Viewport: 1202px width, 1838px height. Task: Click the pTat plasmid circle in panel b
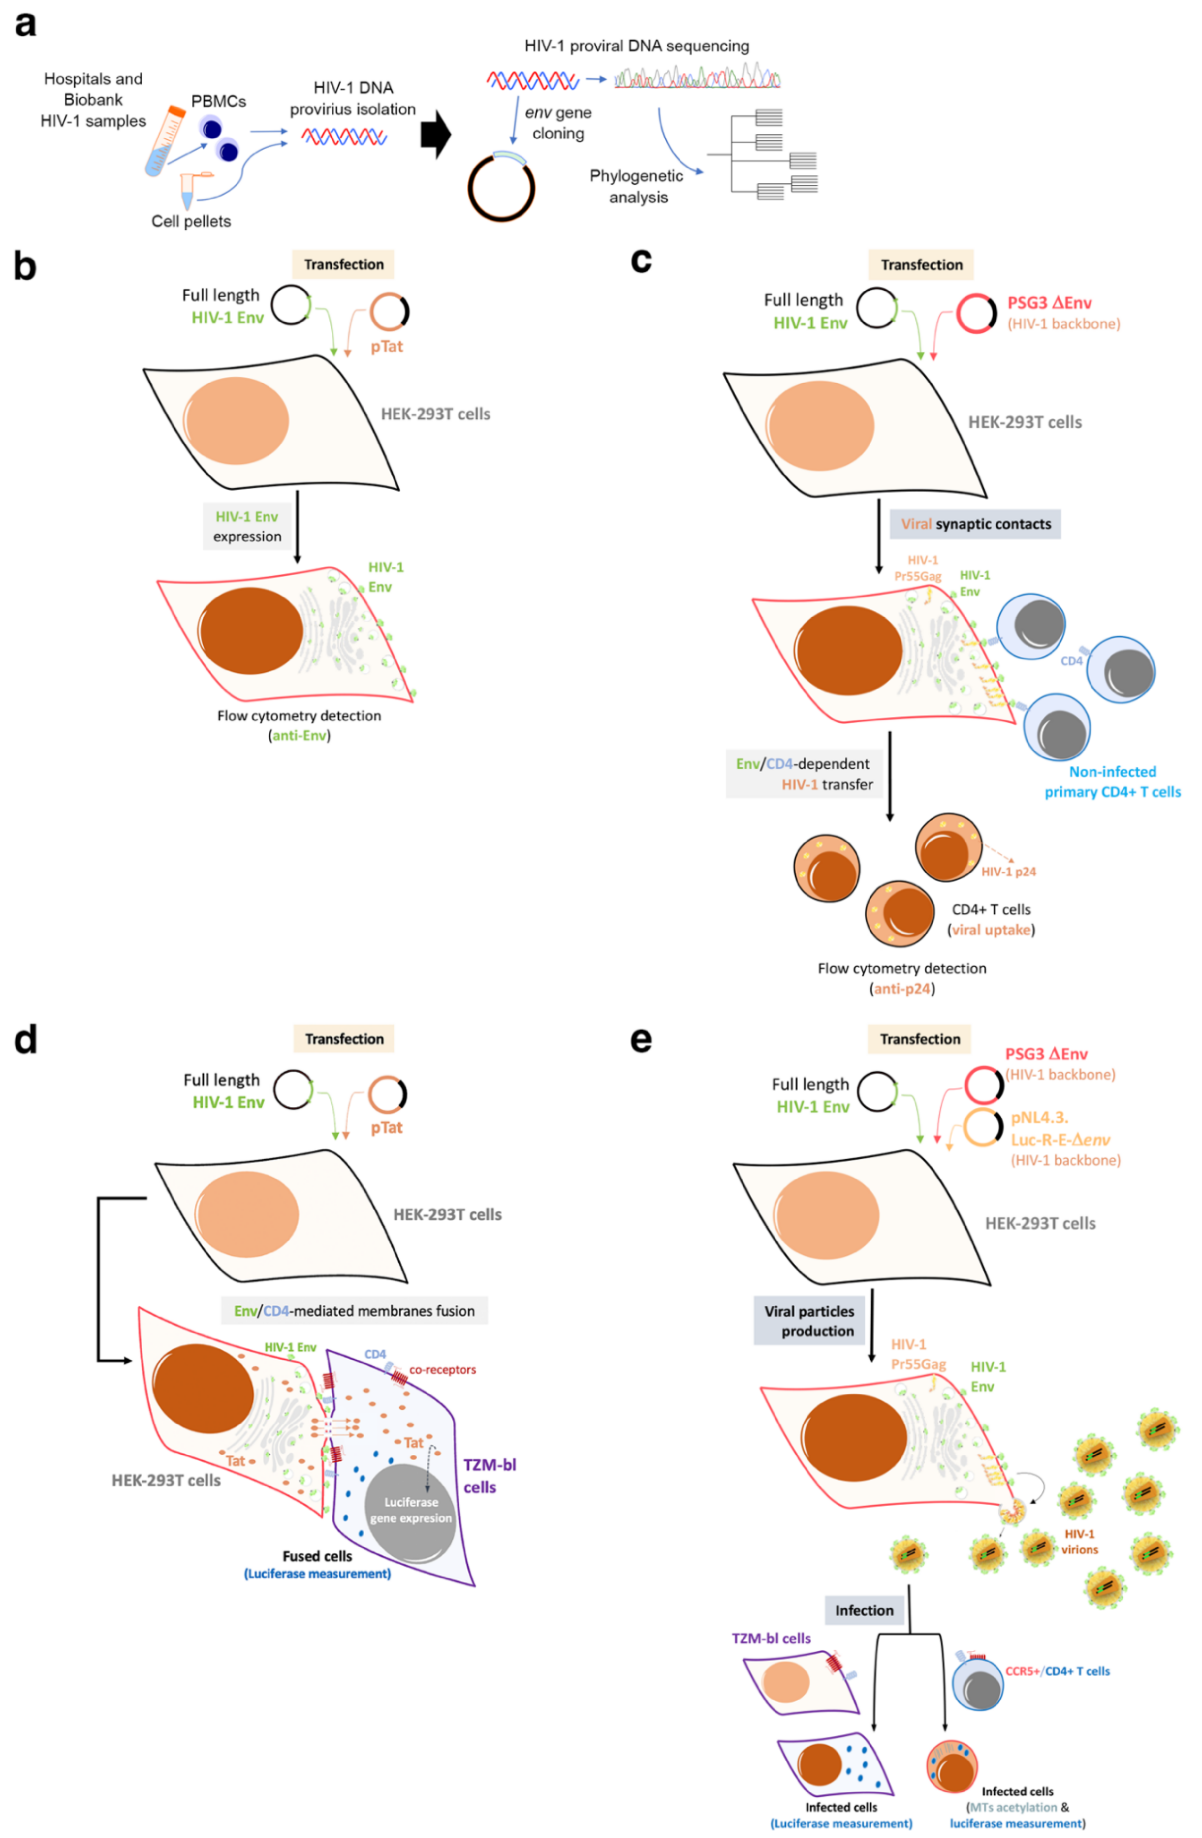[389, 312]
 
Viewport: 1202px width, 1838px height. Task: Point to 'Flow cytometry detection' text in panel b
[299, 716]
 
